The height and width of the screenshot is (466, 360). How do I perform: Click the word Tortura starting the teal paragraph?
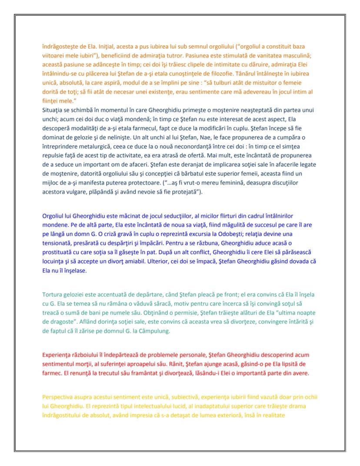point(53,295)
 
